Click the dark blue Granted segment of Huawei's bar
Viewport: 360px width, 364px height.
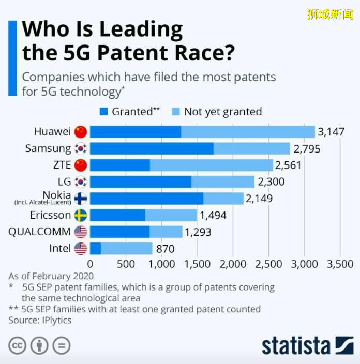(x=136, y=132)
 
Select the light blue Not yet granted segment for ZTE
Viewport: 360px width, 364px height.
(x=211, y=165)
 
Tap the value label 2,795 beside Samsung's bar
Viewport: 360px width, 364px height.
(x=307, y=149)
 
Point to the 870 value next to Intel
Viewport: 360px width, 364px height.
(x=165, y=249)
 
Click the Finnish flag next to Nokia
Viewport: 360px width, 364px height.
(x=81, y=199)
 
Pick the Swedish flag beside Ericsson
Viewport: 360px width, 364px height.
(x=81, y=215)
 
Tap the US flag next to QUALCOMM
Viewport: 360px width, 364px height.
(x=81, y=232)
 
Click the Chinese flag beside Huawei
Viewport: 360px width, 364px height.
(x=81, y=132)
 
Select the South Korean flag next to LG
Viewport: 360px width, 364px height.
(x=81, y=182)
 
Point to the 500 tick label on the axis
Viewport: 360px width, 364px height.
(x=126, y=264)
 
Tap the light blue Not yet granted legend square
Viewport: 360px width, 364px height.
(x=175, y=112)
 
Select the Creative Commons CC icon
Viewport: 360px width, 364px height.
(x=17, y=345)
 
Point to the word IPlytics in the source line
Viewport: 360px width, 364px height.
(x=54, y=320)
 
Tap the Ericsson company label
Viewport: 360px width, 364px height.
(x=51, y=215)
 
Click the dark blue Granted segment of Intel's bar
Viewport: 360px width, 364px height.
(x=96, y=249)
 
